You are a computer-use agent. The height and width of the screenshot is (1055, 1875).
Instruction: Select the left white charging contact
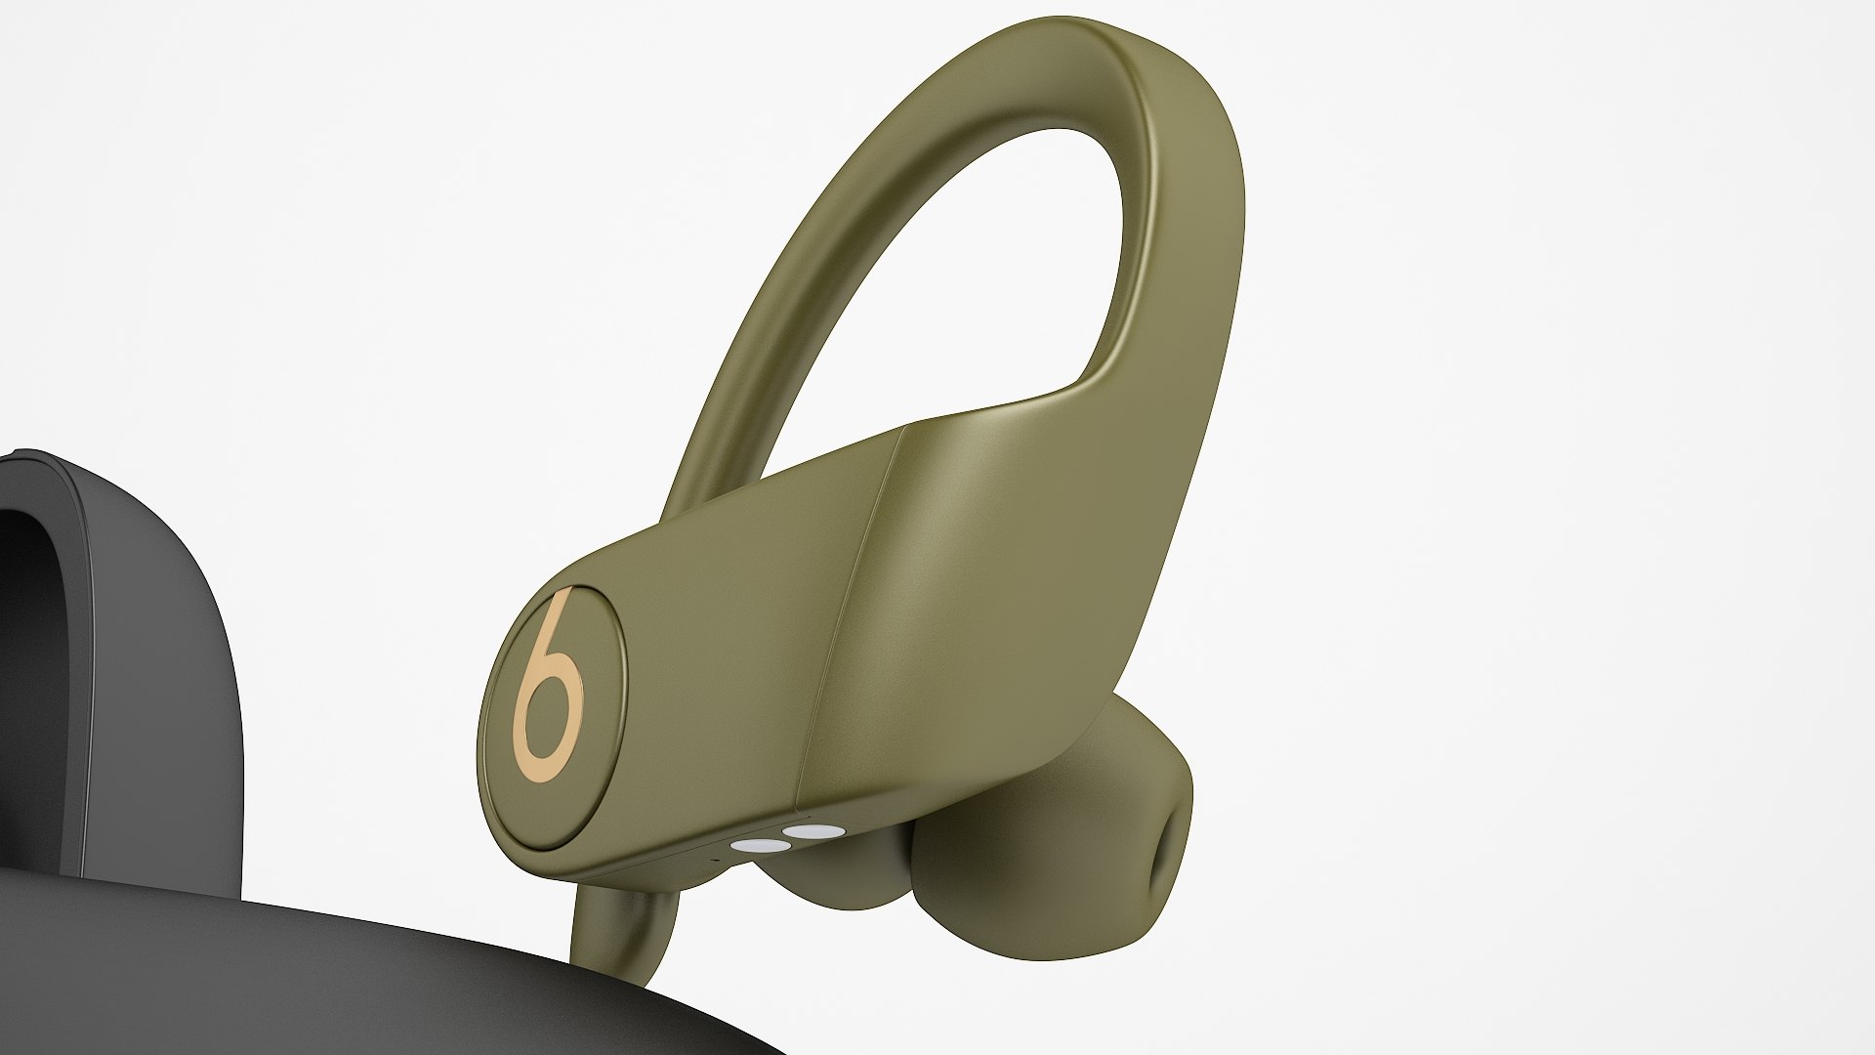point(754,822)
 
